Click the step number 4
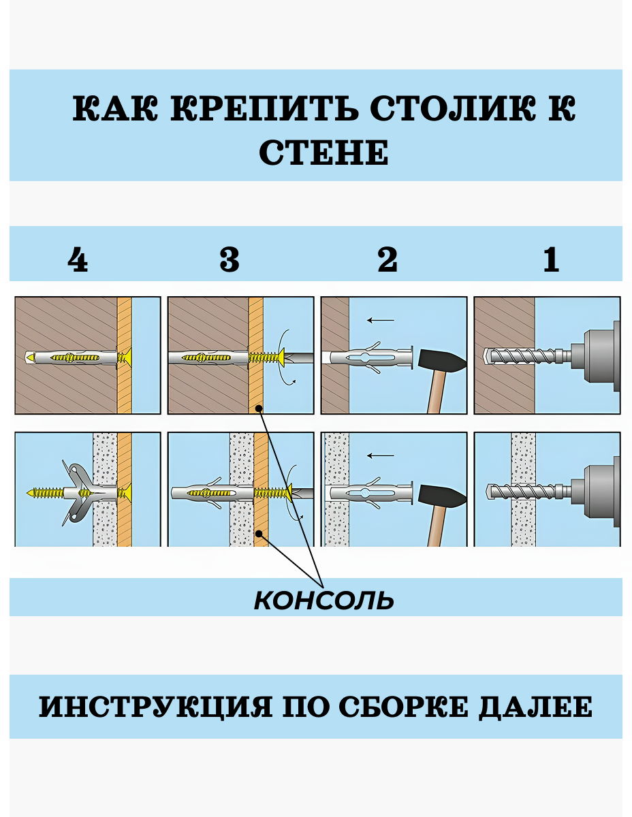[78, 260]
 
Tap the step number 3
[230, 260]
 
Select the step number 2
[387, 260]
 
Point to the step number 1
[551, 260]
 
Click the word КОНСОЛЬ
[323, 600]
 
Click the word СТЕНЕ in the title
[323, 153]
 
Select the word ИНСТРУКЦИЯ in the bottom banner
[154, 707]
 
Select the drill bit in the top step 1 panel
[521, 356]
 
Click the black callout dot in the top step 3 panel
[259, 408]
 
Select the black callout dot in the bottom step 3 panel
[259, 535]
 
